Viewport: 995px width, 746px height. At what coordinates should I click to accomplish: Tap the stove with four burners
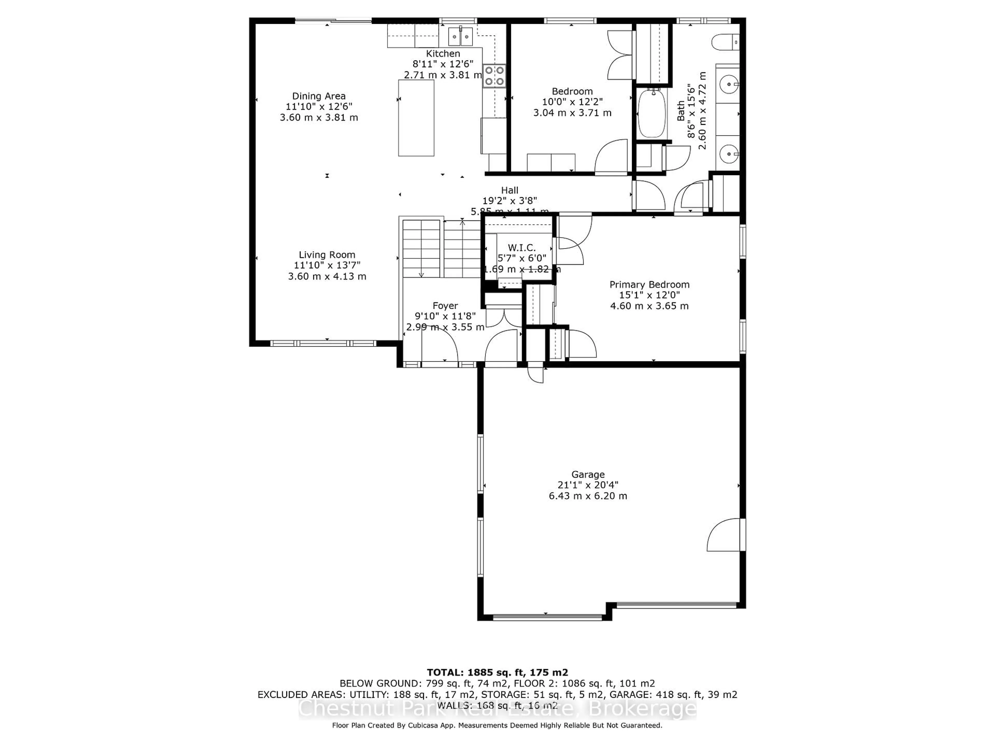coord(494,76)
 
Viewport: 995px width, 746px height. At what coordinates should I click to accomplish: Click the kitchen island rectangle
coord(416,118)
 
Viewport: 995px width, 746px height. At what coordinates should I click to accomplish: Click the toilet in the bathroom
coord(725,43)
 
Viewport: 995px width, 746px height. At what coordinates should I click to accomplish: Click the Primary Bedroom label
coord(649,284)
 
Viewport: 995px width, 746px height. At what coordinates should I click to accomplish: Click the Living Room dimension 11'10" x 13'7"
coord(327,265)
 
